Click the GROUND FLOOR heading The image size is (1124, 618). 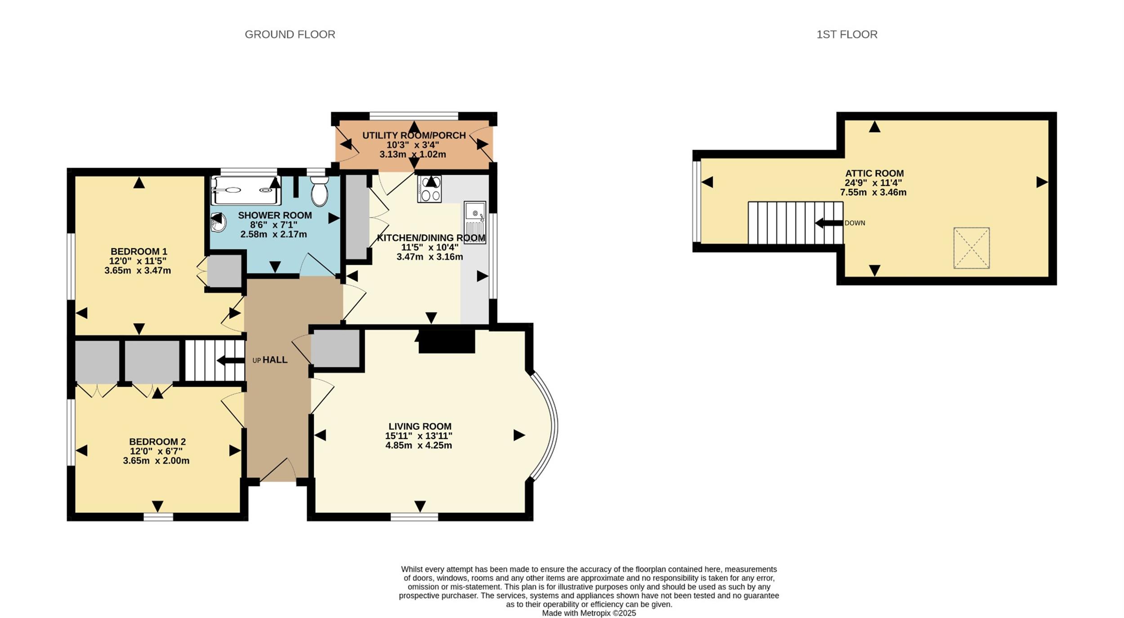coord(290,35)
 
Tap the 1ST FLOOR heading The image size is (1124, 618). coord(847,35)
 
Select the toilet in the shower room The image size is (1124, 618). coord(320,191)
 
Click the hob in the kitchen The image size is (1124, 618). coord(429,189)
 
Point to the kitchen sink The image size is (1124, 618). coord(475,222)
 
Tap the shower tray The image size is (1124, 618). coord(245,190)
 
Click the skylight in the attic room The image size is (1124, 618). coord(972,248)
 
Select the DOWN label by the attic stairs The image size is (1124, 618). coord(855,223)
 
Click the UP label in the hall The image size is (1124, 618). coord(256,360)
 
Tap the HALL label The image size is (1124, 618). coord(275,360)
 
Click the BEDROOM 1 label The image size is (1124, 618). coord(139,251)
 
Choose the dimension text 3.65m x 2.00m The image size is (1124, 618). coord(156,461)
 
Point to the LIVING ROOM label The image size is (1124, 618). coord(420,426)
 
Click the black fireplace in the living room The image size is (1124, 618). coord(446,342)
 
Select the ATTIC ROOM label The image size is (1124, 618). coord(874,173)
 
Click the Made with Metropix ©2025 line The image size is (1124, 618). coord(589,613)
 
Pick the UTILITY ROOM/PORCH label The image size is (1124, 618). coord(414,135)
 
